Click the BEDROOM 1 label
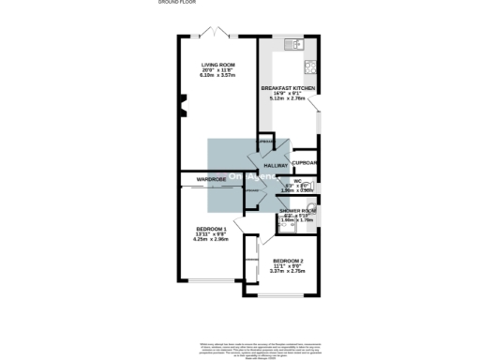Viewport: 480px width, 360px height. point(211,229)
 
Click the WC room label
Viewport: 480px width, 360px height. point(297,181)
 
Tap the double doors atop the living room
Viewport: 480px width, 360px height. point(220,35)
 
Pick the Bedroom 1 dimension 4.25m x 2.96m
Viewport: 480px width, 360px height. point(211,240)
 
